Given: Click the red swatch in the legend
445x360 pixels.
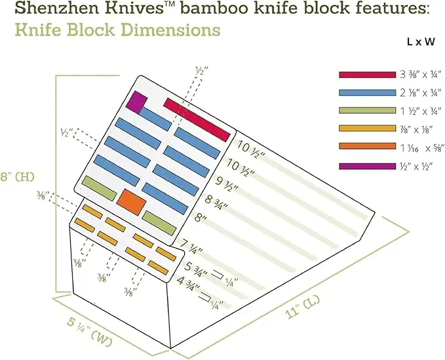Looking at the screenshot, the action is pyautogui.click(x=367, y=75).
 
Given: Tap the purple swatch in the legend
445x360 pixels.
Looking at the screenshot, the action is pyautogui.click(x=367, y=166).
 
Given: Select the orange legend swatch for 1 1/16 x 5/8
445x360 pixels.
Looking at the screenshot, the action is pyautogui.click(x=367, y=146).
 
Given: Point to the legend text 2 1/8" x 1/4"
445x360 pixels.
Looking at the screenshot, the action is pyautogui.click(x=421, y=92).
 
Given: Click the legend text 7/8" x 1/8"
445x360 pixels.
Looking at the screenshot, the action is pyautogui.click(x=416, y=129).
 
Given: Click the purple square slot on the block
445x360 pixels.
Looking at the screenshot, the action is pyautogui.click(x=136, y=102).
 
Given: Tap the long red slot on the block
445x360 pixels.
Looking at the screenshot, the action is pyautogui.click(x=197, y=120).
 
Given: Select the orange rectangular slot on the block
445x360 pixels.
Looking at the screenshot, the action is pyautogui.click(x=131, y=202).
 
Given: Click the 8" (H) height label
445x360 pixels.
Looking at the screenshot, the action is pyautogui.click(x=17, y=176).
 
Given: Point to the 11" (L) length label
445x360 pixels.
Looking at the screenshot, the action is pyautogui.click(x=303, y=307).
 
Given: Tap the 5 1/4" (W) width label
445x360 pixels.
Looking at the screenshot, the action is pyautogui.click(x=89, y=332).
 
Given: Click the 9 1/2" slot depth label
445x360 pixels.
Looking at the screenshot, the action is pyautogui.click(x=226, y=184).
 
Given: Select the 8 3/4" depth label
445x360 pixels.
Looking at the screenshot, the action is pyautogui.click(x=216, y=202).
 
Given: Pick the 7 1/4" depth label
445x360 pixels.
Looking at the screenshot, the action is pyautogui.click(x=191, y=247).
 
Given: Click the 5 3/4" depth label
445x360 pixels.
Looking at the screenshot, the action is pyautogui.click(x=195, y=268).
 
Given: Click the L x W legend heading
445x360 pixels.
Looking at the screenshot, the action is pyautogui.click(x=421, y=43).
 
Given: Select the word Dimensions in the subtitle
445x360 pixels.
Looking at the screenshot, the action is pyautogui.click(x=169, y=30).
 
